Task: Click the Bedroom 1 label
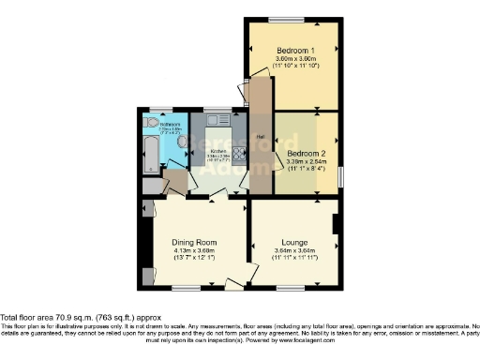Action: click(294, 49)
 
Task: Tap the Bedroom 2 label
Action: click(307, 152)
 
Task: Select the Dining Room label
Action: click(194, 243)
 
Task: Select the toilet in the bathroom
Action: click(151, 122)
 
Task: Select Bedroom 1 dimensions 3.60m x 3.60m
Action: click(294, 58)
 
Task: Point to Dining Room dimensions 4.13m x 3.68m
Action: click(194, 251)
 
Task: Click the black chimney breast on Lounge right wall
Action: click(336, 225)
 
